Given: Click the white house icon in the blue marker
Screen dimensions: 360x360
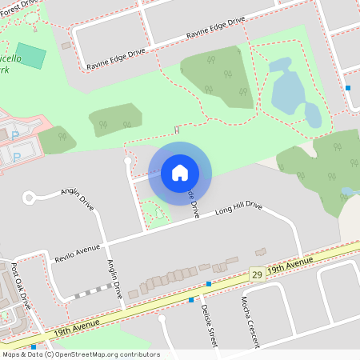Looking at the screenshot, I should [179, 173].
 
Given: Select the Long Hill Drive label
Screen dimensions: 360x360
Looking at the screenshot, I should [238, 209].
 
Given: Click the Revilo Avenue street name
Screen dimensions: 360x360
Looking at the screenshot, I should [77, 253].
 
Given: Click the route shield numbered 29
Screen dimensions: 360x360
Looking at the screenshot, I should [257, 274].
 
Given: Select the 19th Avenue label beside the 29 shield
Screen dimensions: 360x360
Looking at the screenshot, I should [290, 265].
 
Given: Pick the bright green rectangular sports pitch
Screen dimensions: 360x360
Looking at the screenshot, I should [31, 56].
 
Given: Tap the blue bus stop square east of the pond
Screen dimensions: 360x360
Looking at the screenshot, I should [347, 88].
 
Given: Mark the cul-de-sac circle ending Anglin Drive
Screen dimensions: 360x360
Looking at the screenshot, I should [30, 197].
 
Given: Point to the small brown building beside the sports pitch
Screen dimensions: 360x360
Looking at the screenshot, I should [66, 46].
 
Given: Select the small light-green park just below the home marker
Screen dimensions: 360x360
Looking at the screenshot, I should [154, 211].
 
